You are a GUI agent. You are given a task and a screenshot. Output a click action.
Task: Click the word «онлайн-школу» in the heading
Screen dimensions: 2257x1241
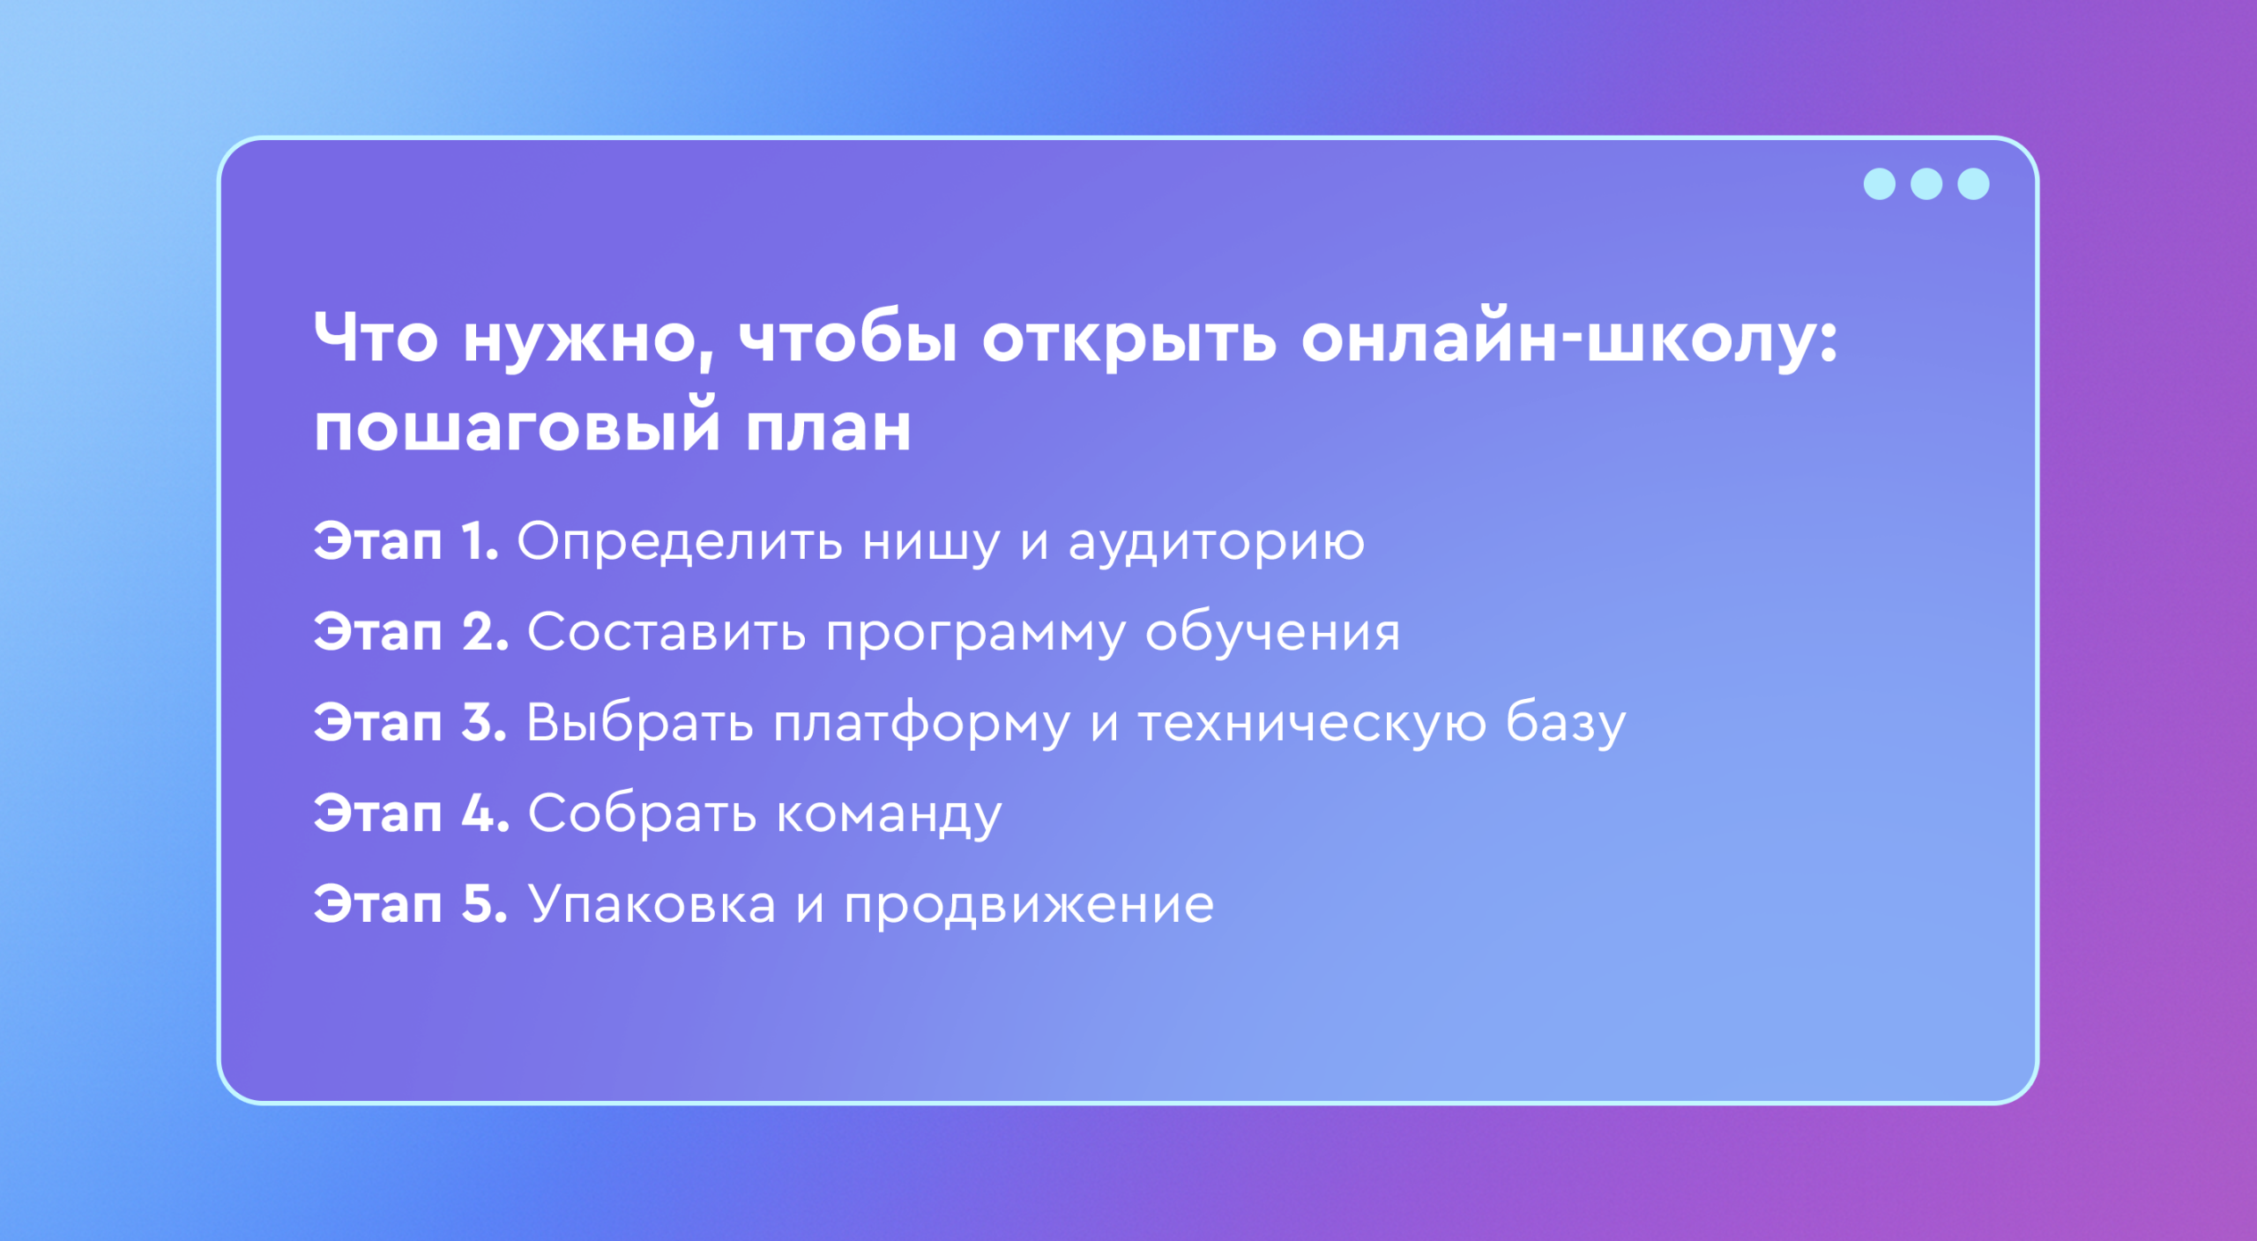(1569, 339)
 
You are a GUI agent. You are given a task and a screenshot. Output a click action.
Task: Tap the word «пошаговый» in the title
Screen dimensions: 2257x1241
(518, 427)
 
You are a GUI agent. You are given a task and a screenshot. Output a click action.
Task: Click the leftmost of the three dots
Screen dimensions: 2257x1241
(1880, 184)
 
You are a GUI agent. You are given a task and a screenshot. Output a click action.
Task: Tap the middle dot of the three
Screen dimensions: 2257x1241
(1926, 184)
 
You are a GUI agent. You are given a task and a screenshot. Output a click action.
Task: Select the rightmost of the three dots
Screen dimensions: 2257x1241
(1973, 184)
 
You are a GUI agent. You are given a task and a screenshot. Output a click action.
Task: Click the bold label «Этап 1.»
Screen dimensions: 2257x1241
(406, 540)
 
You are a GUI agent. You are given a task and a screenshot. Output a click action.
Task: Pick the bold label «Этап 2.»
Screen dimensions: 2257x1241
(412, 632)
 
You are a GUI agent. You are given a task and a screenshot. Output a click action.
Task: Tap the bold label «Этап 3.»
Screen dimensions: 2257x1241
(411, 723)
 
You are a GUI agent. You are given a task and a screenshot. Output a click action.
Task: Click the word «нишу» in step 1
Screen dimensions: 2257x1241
(931, 544)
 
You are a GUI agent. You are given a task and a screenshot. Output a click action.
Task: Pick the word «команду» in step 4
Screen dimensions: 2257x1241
(890, 816)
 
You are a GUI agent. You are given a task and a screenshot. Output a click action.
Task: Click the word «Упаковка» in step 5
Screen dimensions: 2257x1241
(652, 904)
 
